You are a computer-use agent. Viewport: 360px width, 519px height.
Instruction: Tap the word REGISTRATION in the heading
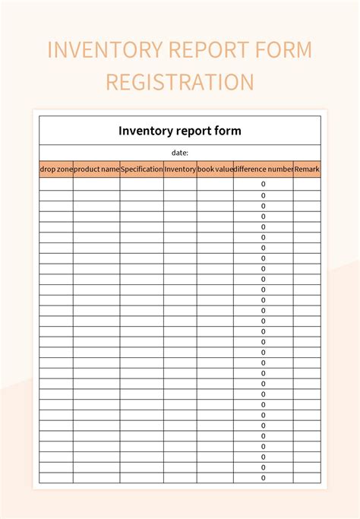click(x=179, y=81)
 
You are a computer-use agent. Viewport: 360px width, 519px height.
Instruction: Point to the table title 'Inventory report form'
click(x=179, y=131)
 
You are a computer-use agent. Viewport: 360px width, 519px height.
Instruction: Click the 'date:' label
click(x=179, y=153)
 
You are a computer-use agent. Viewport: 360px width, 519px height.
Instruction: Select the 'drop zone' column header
click(x=56, y=169)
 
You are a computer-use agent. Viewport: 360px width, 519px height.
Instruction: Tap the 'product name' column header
click(x=96, y=169)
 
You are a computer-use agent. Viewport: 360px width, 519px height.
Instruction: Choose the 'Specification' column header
click(x=141, y=169)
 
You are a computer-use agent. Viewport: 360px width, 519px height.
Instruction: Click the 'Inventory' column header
click(x=180, y=169)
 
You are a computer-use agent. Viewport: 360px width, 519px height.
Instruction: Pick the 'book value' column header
click(x=215, y=169)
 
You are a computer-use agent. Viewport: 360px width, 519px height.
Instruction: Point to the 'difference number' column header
click(x=264, y=169)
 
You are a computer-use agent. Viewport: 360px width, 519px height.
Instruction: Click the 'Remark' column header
click(x=307, y=169)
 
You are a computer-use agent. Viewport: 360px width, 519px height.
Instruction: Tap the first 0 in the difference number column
click(x=264, y=185)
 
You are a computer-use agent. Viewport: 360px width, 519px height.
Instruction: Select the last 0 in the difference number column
click(x=264, y=478)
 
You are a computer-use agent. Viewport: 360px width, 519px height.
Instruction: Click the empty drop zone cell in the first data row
click(x=56, y=185)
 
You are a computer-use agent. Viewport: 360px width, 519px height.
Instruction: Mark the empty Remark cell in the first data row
click(x=307, y=185)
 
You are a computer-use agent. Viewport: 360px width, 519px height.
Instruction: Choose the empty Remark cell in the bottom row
click(x=307, y=478)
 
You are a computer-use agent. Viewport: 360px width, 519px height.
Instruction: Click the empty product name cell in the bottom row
click(x=96, y=478)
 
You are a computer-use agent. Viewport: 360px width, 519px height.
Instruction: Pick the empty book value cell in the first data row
click(x=215, y=185)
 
